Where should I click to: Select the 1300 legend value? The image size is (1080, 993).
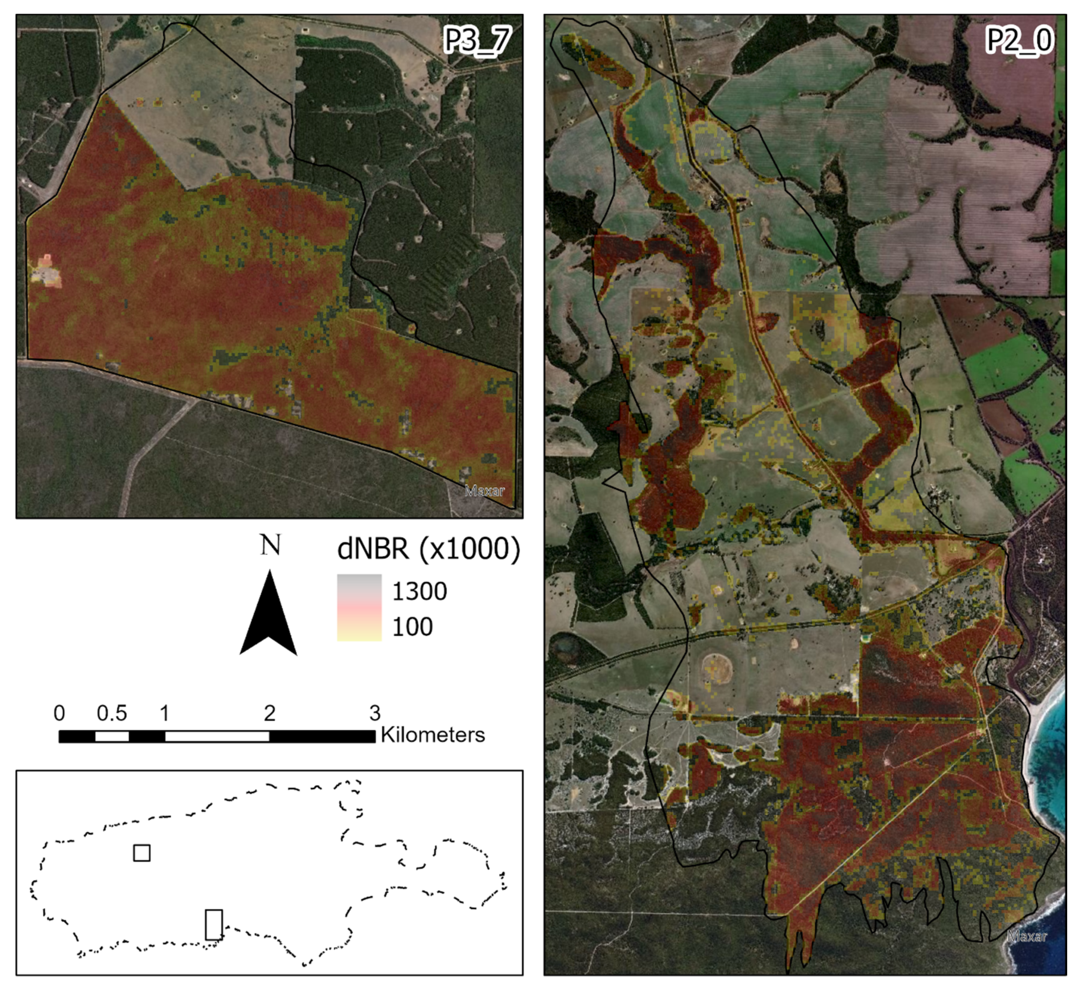click(x=419, y=592)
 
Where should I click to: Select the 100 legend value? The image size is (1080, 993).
click(x=412, y=626)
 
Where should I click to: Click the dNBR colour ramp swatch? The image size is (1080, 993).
click(x=359, y=607)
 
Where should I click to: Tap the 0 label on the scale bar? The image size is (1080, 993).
click(x=59, y=713)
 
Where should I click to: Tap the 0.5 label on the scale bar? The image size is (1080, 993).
click(x=112, y=713)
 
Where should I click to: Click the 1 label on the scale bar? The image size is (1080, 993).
click(x=164, y=713)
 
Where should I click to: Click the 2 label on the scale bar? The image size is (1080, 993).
click(x=269, y=713)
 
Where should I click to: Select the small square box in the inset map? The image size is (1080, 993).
click(x=142, y=853)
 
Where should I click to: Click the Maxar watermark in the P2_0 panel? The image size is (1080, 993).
click(x=1027, y=951)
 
